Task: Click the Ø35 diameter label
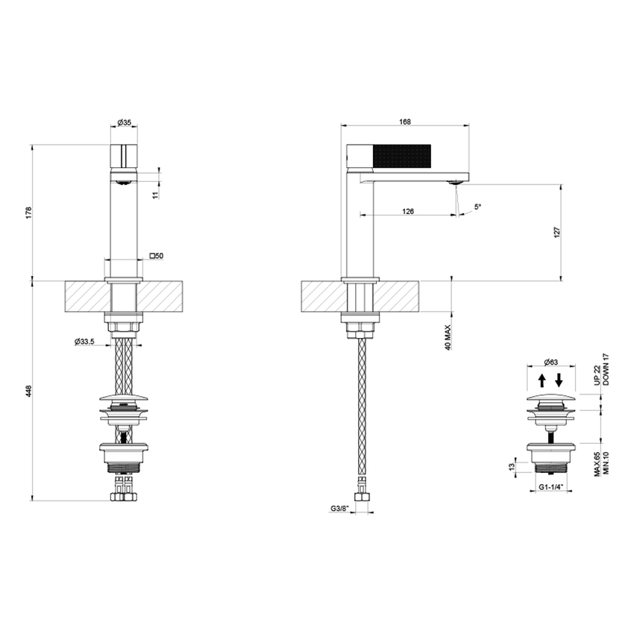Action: point(125,124)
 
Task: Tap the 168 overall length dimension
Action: point(406,122)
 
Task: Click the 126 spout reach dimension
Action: point(408,212)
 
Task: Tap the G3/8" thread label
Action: point(341,510)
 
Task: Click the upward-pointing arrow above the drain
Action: point(542,380)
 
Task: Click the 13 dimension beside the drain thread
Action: point(511,466)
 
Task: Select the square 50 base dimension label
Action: point(157,256)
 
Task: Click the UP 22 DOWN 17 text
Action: point(600,369)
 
